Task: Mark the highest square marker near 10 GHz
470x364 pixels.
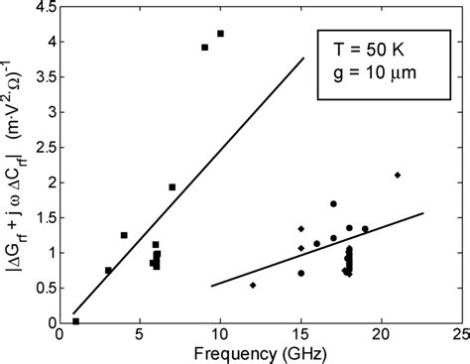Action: tap(220, 34)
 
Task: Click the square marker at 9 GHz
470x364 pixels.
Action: tap(204, 47)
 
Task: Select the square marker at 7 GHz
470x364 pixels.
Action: tap(173, 186)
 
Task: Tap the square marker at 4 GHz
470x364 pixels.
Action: tap(124, 235)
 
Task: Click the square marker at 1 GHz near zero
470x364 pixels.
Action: tap(76, 321)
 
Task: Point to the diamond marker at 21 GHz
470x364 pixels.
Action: tap(397, 176)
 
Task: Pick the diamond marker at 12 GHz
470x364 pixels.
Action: tap(253, 285)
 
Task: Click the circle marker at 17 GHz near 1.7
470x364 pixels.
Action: tap(333, 204)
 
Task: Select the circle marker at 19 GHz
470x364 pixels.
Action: tap(365, 229)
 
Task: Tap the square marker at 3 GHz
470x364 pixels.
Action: tap(108, 270)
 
